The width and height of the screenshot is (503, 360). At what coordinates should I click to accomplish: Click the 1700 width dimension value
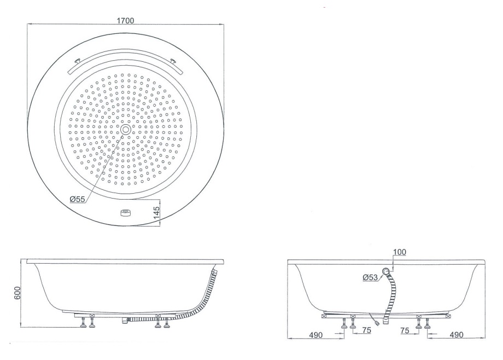click(126, 20)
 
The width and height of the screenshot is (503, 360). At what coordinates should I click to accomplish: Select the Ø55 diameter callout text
click(77, 199)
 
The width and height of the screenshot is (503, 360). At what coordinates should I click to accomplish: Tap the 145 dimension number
click(157, 212)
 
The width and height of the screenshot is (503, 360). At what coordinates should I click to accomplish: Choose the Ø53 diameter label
click(371, 277)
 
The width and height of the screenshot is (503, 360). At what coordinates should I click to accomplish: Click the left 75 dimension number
click(366, 330)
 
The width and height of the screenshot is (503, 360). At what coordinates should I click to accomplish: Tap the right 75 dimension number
click(405, 330)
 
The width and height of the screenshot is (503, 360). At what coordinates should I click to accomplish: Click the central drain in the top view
click(126, 130)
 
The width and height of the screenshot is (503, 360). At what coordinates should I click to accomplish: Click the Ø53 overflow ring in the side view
click(387, 271)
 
